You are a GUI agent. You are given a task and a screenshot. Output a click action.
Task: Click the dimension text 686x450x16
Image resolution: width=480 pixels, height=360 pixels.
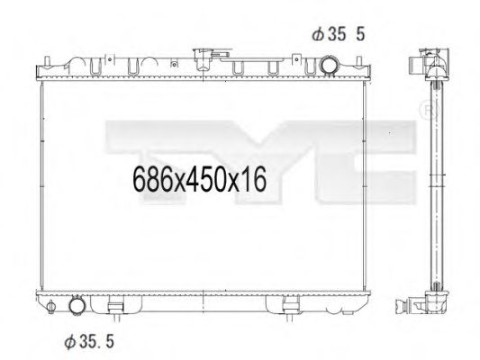click(201, 181)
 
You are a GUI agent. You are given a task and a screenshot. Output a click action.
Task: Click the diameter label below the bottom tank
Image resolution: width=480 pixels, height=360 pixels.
click(89, 341)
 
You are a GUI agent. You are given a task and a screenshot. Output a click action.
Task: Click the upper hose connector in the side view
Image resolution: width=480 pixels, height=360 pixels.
click(421, 65)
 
